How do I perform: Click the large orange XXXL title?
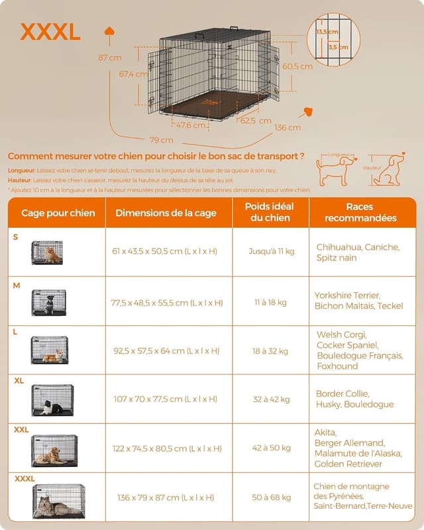[x=50, y=31]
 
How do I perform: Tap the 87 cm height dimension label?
[x=111, y=58]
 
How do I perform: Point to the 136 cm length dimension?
[x=287, y=127]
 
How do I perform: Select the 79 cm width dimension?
[x=162, y=140]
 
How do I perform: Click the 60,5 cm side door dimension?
[x=297, y=66]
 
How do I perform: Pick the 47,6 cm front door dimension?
[x=191, y=125]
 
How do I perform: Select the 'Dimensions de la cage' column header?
[x=166, y=213]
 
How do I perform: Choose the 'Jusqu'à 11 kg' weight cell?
[x=272, y=251]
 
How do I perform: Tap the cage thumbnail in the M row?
[x=48, y=302]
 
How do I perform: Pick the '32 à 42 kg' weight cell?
[x=271, y=399]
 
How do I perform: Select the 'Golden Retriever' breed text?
[x=349, y=464]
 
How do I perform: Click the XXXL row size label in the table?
[x=25, y=478]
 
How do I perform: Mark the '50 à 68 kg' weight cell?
[x=271, y=497]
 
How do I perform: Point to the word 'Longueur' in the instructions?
[x=20, y=170]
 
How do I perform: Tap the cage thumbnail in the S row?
[x=47, y=252]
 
